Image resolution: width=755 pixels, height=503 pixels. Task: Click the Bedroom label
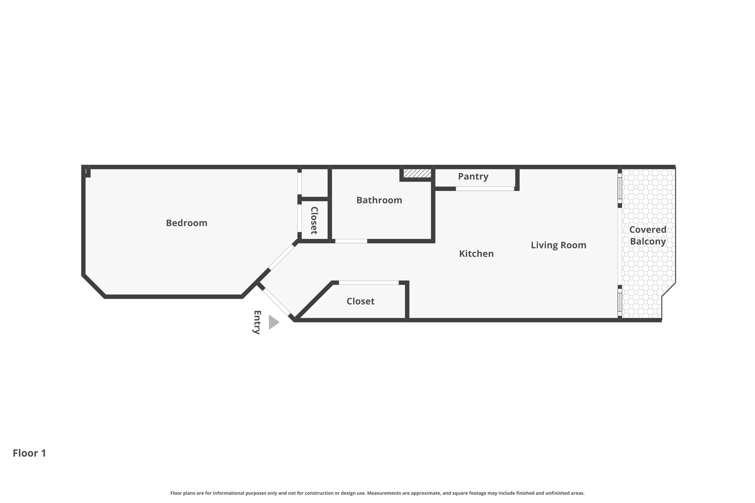coord(186,223)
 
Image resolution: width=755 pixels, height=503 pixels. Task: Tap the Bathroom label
coord(379,200)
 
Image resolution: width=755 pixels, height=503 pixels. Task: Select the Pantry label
coord(473,177)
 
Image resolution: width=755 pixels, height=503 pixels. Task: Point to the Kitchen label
coord(476,254)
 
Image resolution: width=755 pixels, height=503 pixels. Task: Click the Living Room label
coord(558,245)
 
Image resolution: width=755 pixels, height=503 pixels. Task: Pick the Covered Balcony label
coord(648,235)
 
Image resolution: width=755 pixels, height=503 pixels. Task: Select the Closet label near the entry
coord(360,301)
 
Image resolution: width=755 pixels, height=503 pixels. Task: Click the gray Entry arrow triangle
coord(274,322)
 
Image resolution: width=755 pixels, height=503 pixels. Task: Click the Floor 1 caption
coord(29,453)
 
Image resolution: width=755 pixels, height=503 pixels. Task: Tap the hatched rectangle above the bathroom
coord(417,173)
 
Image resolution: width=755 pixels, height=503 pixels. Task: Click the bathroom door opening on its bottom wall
coord(351,241)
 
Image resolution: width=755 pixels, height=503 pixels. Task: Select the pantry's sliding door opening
coord(485,189)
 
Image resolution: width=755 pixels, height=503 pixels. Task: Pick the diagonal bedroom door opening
coord(281,257)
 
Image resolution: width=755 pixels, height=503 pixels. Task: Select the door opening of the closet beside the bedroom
coord(299,218)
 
